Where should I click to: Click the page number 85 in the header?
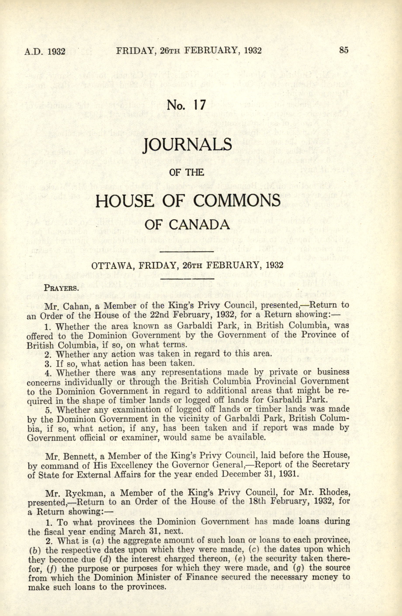[x=344, y=50]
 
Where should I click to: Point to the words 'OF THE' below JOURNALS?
[x=186, y=172]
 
